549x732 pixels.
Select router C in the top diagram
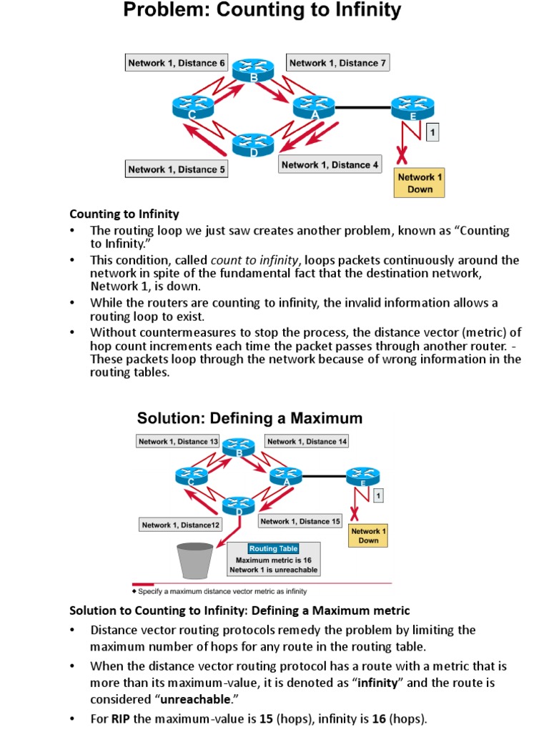coord(193,107)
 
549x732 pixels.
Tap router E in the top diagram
coord(412,107)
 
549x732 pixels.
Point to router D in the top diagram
coord(253,143)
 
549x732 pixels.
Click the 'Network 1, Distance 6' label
coord(177,63)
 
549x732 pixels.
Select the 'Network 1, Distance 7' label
coord(338,63)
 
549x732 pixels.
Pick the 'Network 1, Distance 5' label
coord(177,169)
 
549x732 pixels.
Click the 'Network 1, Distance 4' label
coord(330,164)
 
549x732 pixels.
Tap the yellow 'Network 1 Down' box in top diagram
coord(420,183)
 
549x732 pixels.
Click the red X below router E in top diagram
coord(403,154)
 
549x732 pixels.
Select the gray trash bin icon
coord(194,560)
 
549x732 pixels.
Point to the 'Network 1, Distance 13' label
coord(178,442)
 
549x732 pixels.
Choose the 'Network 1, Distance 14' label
coord(307,442)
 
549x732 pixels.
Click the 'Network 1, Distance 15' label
coord(300,521)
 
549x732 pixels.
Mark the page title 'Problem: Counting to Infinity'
coord(262,11)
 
